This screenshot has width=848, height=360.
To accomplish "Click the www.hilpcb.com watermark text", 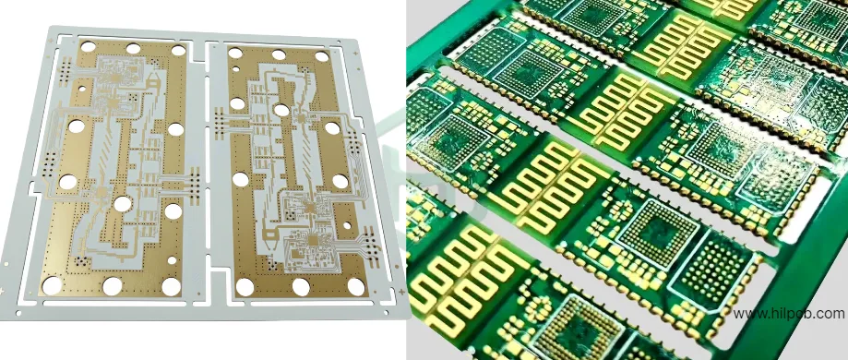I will pyautogui.click(x=788, y=314).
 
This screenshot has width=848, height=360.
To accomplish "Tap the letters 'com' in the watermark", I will pyautogui.click(x=830, y=314).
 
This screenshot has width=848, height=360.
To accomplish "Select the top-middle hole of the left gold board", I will pyautogui.click(x=133, y=49).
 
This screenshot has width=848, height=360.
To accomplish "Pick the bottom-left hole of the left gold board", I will pyautogui.click(x=53, y=285).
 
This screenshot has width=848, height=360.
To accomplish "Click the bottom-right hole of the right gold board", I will pyautogui.click(x=356, y=285).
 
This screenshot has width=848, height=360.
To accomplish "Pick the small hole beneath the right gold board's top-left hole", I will pyautogui.click(x=238, y=69).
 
